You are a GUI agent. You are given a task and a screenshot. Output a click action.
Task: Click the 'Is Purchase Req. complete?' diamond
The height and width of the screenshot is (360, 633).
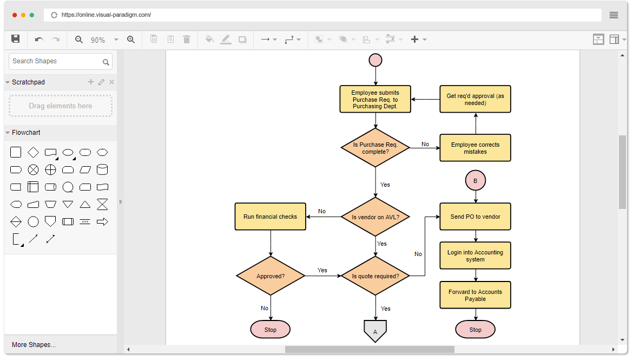tap(375, 148)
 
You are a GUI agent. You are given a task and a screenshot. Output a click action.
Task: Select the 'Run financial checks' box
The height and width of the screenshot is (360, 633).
tap(270, 217)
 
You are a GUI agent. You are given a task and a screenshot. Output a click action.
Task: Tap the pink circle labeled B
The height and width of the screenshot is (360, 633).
tap(476, 181)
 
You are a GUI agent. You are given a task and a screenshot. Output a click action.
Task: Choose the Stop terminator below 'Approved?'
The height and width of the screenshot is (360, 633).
tap(271, 330)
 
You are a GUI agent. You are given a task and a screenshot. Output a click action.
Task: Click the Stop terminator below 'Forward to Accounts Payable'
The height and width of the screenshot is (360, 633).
tap(476, 330)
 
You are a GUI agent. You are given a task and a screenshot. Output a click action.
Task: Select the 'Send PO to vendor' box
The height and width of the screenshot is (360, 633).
tap(475, 217)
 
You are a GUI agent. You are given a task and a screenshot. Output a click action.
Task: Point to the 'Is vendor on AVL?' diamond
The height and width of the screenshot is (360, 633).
tap(375, 217)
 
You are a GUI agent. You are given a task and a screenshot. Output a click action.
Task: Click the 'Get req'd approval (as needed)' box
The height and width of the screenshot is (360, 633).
tap(475, 99)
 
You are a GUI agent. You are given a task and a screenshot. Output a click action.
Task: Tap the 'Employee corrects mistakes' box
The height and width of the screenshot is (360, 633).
tap(475, 148)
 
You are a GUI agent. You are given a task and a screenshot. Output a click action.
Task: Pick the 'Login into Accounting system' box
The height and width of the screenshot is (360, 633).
tap(475, 256)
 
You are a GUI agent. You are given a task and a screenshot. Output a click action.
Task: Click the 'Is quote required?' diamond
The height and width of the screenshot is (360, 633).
tap(375, 276)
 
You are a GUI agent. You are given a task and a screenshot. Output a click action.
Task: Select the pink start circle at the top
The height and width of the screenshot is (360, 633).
tap(375, 60)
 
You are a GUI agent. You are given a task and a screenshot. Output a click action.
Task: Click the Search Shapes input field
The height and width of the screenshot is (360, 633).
tap(56, 62)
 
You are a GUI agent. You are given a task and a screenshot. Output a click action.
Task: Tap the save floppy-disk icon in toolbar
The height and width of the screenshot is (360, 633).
tap(16, 39)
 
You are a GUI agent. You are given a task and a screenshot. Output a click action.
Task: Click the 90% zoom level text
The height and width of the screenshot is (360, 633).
tap(98, 40)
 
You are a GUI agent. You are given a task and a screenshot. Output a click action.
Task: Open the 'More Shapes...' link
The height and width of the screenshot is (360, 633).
tap(34, 345)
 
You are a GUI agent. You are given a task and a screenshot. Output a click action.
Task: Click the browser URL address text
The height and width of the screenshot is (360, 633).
tap(106, 15)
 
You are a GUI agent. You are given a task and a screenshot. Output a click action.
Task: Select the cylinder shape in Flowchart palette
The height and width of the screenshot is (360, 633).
tap(102, 170)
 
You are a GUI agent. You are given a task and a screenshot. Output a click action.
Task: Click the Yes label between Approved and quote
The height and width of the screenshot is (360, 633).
tap(322, 270)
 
